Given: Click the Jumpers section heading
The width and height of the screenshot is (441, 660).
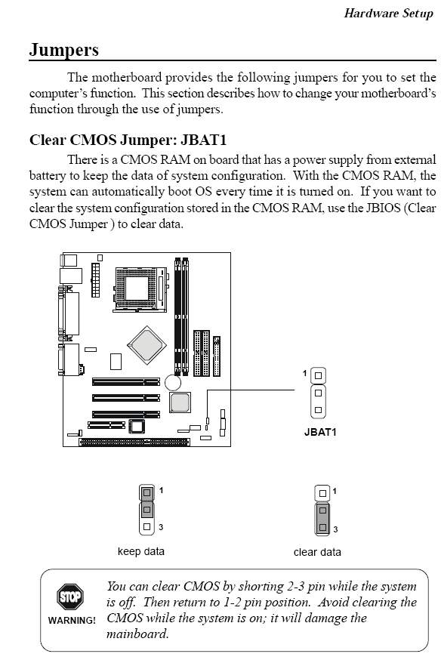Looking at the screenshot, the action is [64, 50].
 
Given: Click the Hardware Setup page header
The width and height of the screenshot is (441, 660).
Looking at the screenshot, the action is [388, 14].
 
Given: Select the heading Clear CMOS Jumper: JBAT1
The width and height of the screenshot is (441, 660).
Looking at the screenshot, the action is [128, 140].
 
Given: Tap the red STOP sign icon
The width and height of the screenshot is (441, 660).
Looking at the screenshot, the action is [70, 597].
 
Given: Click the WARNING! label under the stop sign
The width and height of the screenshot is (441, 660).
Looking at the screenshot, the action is [72, 620].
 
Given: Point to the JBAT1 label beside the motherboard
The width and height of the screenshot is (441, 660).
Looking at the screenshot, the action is [320, 432].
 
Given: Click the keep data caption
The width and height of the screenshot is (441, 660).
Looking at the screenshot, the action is [141, 551].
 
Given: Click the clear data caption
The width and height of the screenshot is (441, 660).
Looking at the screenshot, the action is [317, 552].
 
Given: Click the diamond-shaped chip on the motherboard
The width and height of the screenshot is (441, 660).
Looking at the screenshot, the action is [146, 345].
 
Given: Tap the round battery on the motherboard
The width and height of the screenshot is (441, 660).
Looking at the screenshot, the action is [172, 383].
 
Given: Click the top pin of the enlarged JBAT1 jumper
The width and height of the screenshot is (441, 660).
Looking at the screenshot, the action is [318, 375].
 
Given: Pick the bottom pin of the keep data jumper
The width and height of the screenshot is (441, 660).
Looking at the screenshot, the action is [146, 526].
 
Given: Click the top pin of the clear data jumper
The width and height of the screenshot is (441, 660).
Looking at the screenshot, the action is [322, 493].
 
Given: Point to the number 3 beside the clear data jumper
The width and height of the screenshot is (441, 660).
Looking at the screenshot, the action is [335, 529].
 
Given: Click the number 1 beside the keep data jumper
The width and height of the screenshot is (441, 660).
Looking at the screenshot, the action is [161, 490].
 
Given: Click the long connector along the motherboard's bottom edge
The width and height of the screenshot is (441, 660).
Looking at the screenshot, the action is [134, 442].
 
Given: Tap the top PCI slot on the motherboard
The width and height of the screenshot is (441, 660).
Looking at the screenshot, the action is [126, 382].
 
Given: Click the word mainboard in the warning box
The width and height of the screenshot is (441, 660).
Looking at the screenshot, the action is [137, 634].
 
